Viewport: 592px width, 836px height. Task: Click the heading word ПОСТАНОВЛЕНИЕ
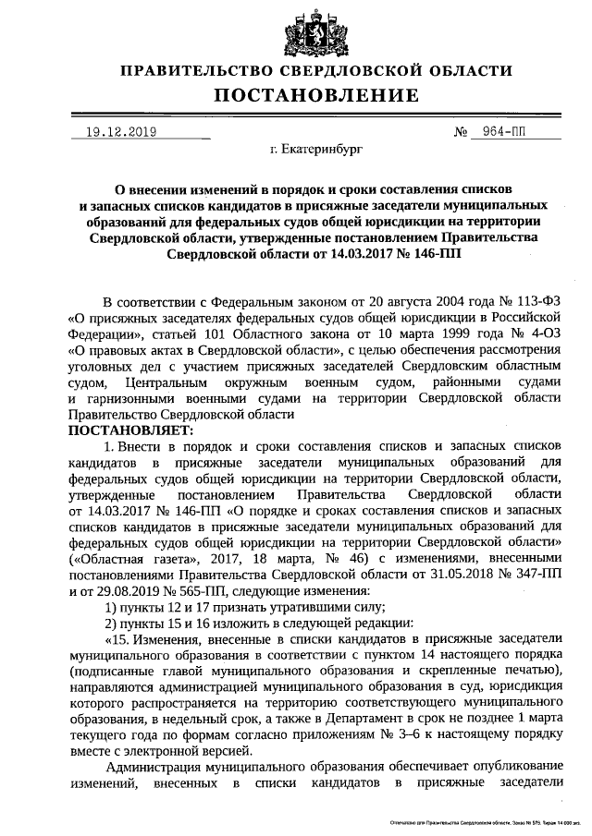317,96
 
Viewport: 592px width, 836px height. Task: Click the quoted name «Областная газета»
131,558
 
